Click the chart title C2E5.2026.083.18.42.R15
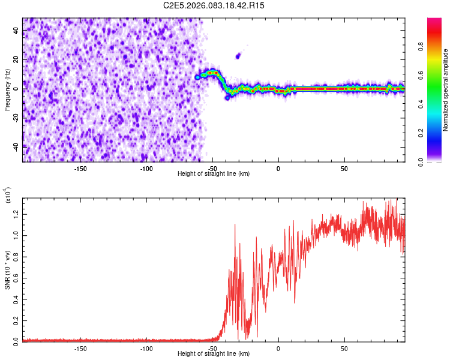click(x=214, y=5)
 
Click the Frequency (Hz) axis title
click(x=7, y=89)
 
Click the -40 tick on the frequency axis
click(x=15, y=146)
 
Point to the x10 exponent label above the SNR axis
click(x=8, y=195)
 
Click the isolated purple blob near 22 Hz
click(x=238, y=56)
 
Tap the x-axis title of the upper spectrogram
click(x=214, y=174)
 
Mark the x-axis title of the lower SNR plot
click(x=214, y=354)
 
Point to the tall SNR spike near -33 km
click(x=235, y=226)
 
